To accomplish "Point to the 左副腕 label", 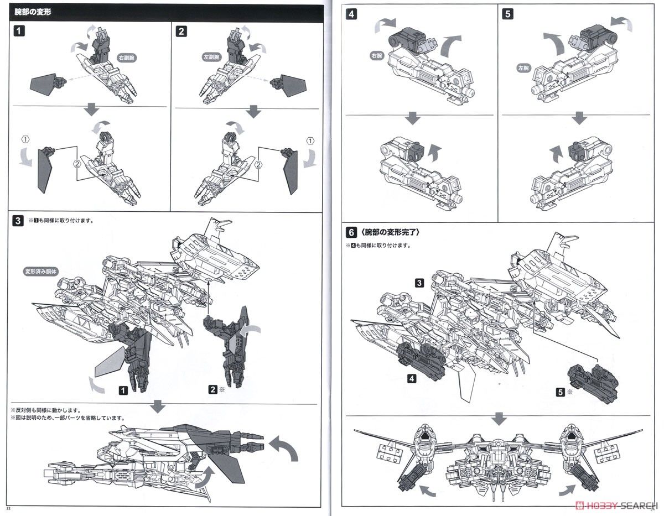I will pos(211,57).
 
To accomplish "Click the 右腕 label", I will pos(378,56).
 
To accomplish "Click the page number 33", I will pos(8,508).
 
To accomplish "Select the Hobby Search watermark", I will pos(618,504).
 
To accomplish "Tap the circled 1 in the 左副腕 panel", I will pos(310,140).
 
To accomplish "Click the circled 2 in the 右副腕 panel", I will pos(76,164).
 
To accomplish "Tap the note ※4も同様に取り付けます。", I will pos(381,245).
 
